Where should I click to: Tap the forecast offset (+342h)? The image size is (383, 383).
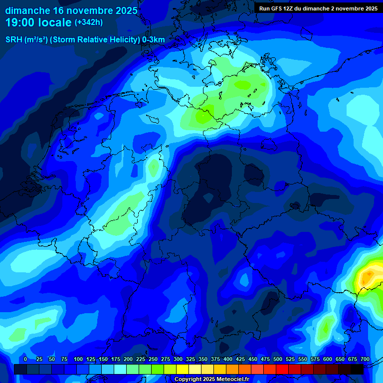pos(89,22)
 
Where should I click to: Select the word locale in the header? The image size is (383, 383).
pos(57,23)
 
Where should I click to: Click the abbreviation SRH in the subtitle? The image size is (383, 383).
pos(14,40)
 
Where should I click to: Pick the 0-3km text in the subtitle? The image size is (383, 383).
pos(153,40)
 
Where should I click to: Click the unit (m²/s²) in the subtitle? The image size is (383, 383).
pos(36,40)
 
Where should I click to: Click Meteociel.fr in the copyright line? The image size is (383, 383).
pos(226,380)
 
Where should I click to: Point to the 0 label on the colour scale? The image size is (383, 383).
pos(25,359)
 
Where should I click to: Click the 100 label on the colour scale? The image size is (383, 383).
pos(78,359)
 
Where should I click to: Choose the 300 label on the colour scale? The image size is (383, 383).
pos(178,359)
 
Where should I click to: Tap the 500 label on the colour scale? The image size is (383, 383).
pos(278,359)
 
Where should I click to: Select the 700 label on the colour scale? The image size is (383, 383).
pos(365,359)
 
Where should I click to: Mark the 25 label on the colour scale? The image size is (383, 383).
pos(39,359)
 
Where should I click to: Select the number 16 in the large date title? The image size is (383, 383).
pos(59,10)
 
